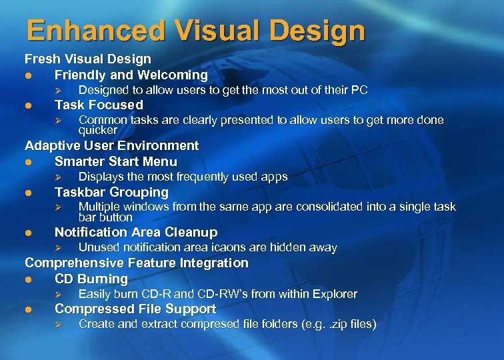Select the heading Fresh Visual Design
(x=88, y=59)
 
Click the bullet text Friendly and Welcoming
(x=131, y=75)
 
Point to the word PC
(x=359, y=90)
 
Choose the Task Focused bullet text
(x=99, y=105)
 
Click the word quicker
(x=98, y=130)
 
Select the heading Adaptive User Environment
(x=112, y=145)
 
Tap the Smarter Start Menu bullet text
(x=116, y=161)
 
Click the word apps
(x=275, y=177)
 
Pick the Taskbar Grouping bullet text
(x=111, y=192)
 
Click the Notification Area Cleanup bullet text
(x=136, y=232)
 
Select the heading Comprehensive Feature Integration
(x=137, y=263)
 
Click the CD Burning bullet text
(x=91, y=279)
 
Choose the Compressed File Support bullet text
(x=135, y=309)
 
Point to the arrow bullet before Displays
(x=58, y=177)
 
